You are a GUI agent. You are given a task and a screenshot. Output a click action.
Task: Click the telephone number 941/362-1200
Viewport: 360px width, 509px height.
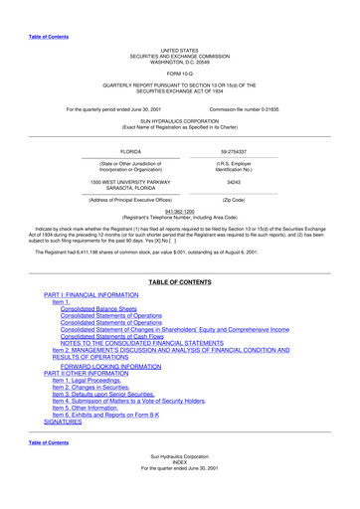coord(180,211)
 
